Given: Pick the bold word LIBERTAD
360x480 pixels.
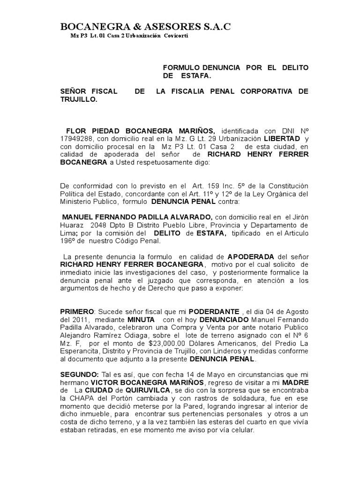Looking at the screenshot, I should [x=282, y=139].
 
